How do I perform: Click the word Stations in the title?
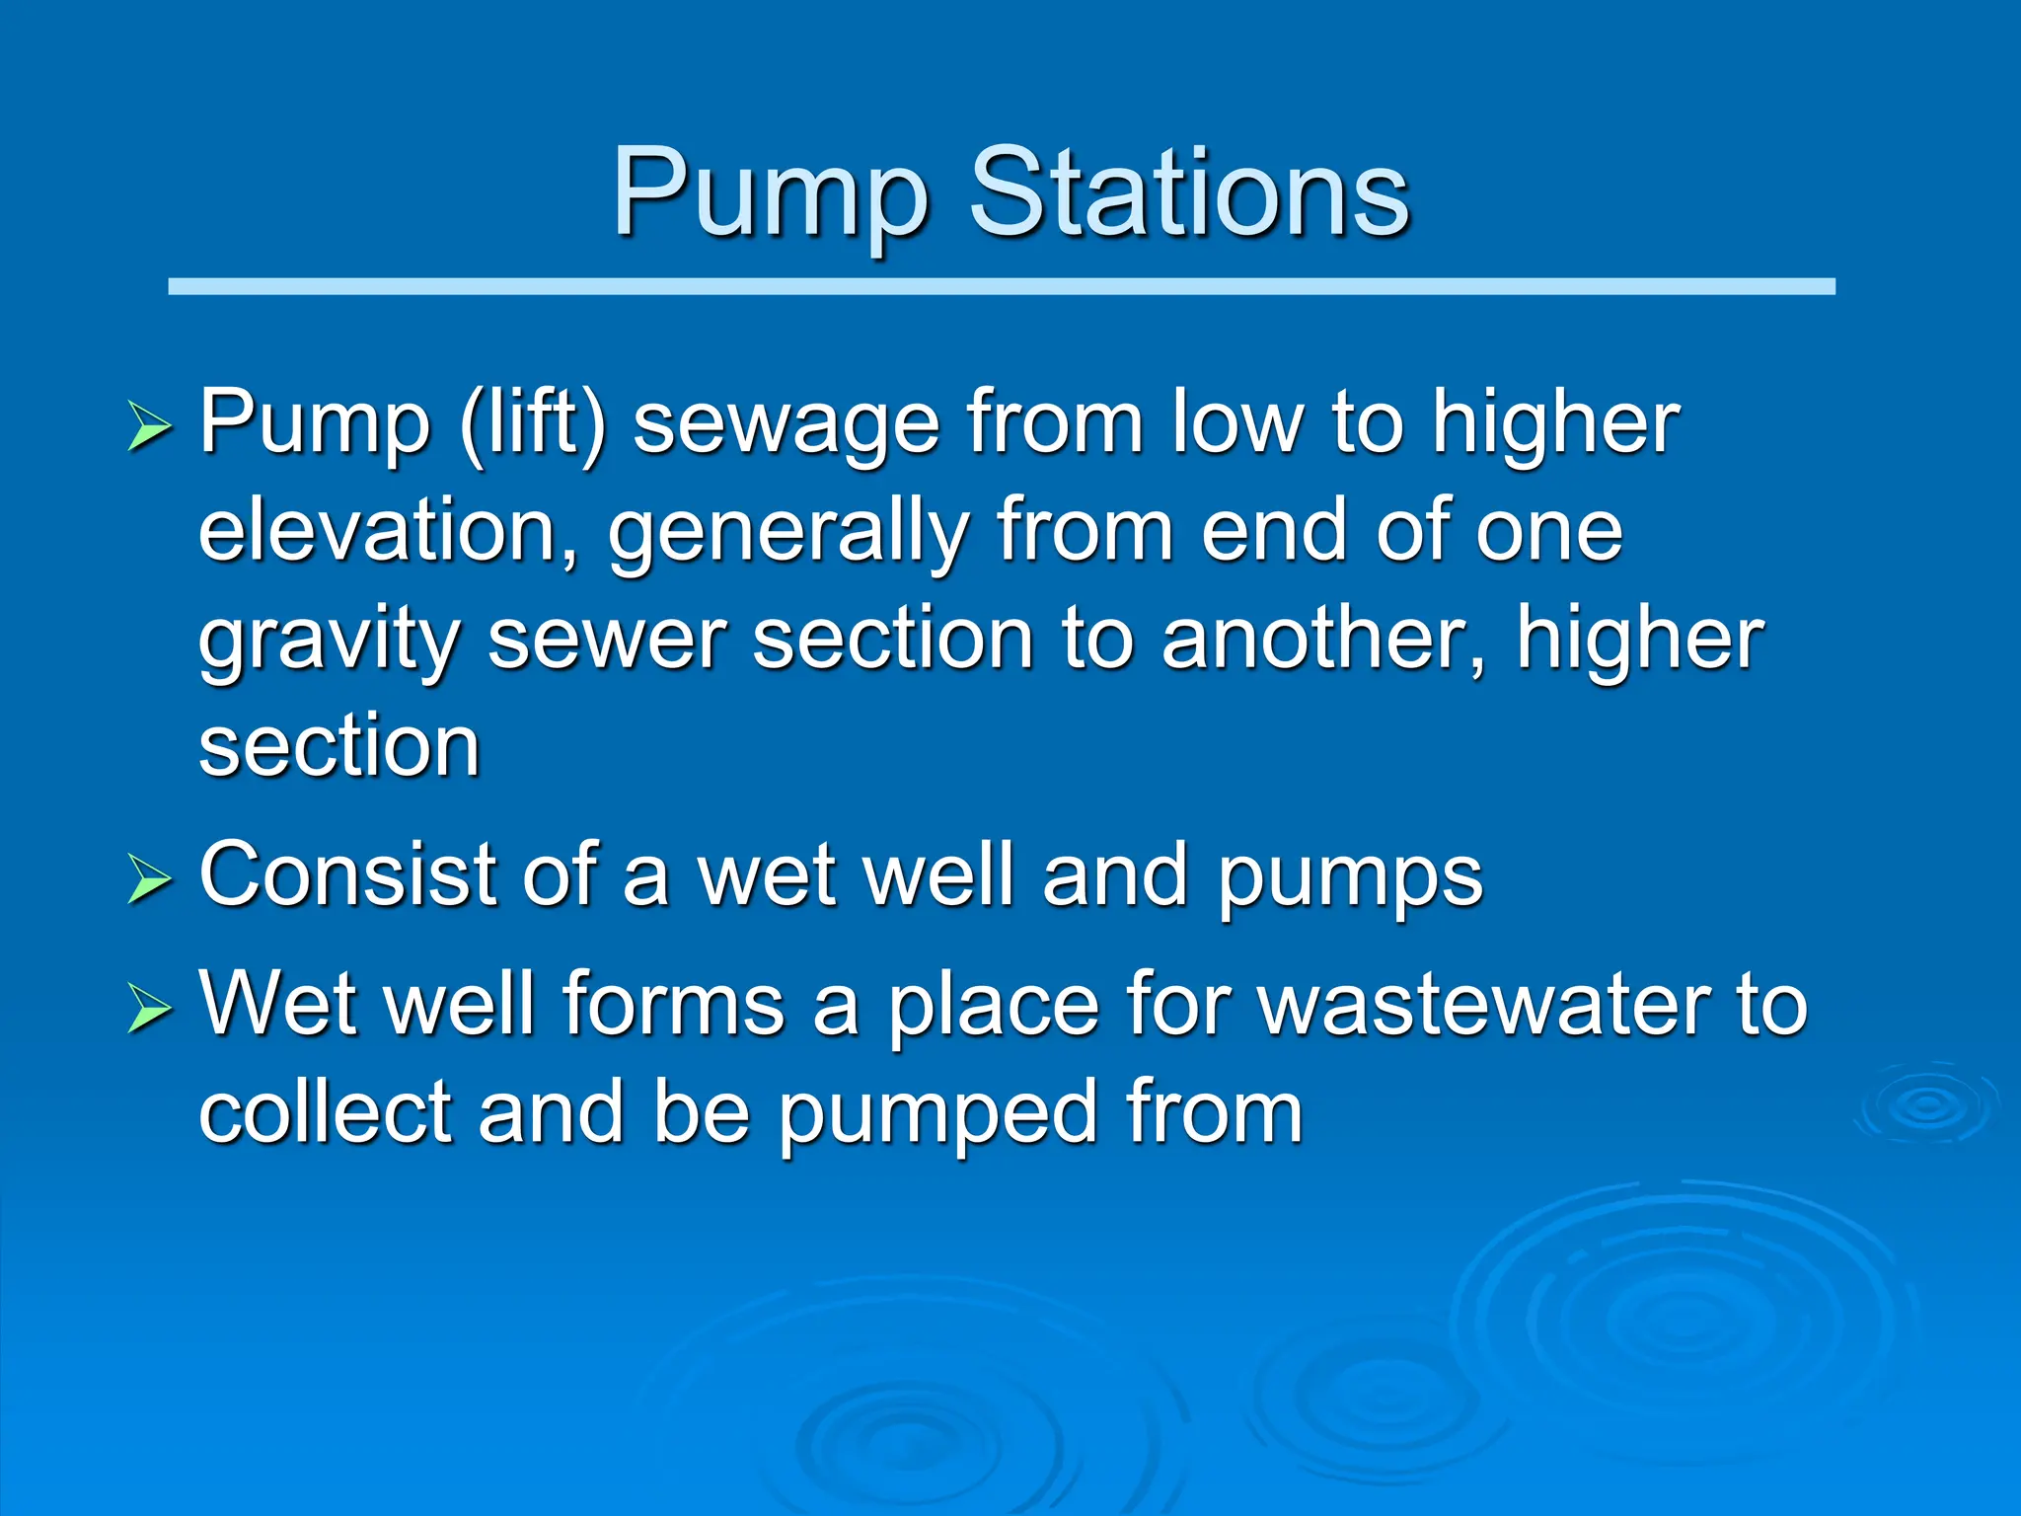[1188, 193]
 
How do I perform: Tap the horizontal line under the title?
[1001, 286]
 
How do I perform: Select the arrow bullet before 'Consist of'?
[149, 879]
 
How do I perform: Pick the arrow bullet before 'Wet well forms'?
[149, 1009]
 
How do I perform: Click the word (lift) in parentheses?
[532, 424]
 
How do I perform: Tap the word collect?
[325, 1112]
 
